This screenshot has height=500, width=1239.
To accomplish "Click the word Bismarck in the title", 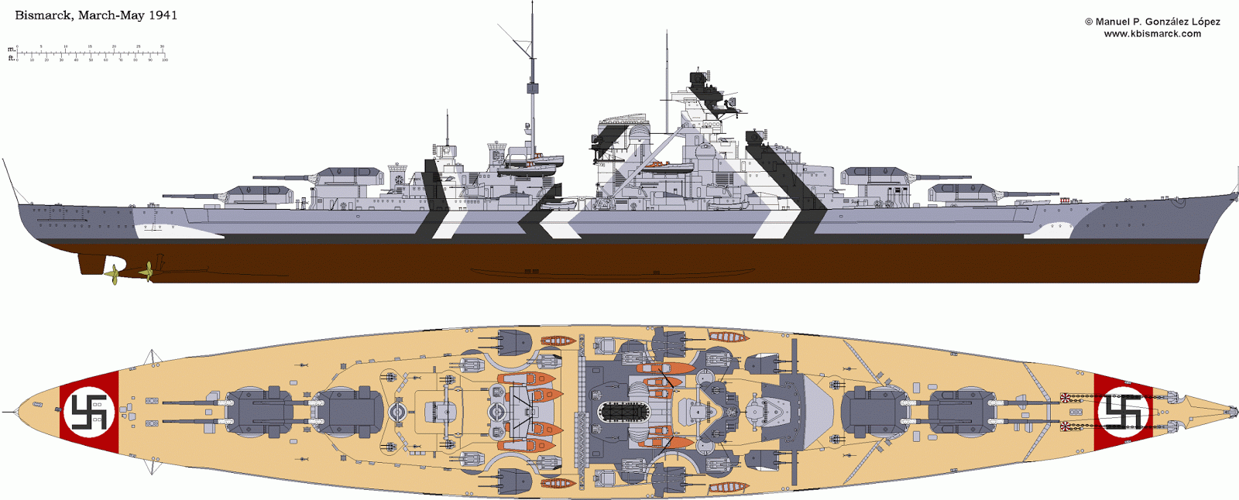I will pyautogui.click(x=43, y=15).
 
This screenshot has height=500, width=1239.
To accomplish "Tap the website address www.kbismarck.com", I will pyautogui.click(x=1152, y=33).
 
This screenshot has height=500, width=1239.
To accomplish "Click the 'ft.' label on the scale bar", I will pyautogui.click(x=12, y=58).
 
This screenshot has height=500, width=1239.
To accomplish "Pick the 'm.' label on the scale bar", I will pyautogui.click(x=12, y=50).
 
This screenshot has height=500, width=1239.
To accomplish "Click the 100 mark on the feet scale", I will pyautogui.click(x=165, y=60).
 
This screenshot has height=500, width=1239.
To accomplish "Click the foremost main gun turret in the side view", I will pyautogui.click(x=956, y=193).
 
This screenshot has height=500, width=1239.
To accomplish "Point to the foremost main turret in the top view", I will pyautogui.click(x=960, y=411).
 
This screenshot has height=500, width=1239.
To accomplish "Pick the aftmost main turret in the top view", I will pyautogui.click(x=259, y=411).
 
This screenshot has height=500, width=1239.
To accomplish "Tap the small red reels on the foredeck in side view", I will pyautogui.click(x=1064, y=200).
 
